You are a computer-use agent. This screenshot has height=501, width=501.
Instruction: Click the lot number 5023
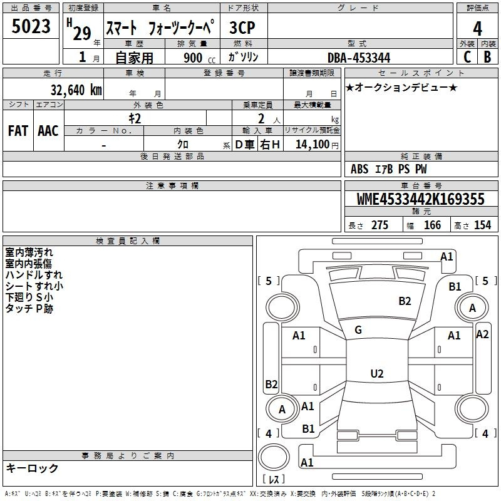(x=31, y=26)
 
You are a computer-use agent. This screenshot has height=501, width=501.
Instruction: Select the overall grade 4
(x=477, y=28)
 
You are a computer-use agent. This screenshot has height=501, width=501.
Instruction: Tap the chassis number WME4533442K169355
(x=420, y=199)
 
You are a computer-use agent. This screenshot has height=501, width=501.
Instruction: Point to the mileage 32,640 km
(x=76, y=90)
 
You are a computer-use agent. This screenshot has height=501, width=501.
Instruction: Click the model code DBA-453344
(x=359, y=58)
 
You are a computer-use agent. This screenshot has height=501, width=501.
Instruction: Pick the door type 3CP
(x=242, y=28)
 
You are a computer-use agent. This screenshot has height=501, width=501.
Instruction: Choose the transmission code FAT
(x=18, y=131)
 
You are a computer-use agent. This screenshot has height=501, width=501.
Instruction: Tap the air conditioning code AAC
(x=48, y=131)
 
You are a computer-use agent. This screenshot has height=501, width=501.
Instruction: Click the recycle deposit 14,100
(x=312, y=144)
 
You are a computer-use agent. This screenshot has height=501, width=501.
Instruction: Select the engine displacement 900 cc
(x=199, y=58)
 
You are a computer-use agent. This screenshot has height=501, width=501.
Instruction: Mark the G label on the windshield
(x=358, y=330)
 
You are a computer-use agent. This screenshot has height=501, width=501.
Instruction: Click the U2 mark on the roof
(x=377, y=373)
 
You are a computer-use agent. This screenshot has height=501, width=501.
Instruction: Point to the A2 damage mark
(x=482, y=334)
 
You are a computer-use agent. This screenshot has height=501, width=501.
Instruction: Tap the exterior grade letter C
(x=467, y=57)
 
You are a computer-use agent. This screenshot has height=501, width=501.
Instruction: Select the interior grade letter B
(x=487, y=57)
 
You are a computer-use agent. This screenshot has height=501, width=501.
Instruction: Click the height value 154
(x=482, y=225)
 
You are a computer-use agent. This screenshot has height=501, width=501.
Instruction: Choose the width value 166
(x=432, y=225)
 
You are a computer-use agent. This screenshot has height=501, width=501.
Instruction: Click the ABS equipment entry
(x=359, y=169)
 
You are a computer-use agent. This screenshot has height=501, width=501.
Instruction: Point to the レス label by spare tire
(x=274, y=479)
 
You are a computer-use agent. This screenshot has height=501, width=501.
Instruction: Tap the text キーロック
(x=33, y=468)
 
